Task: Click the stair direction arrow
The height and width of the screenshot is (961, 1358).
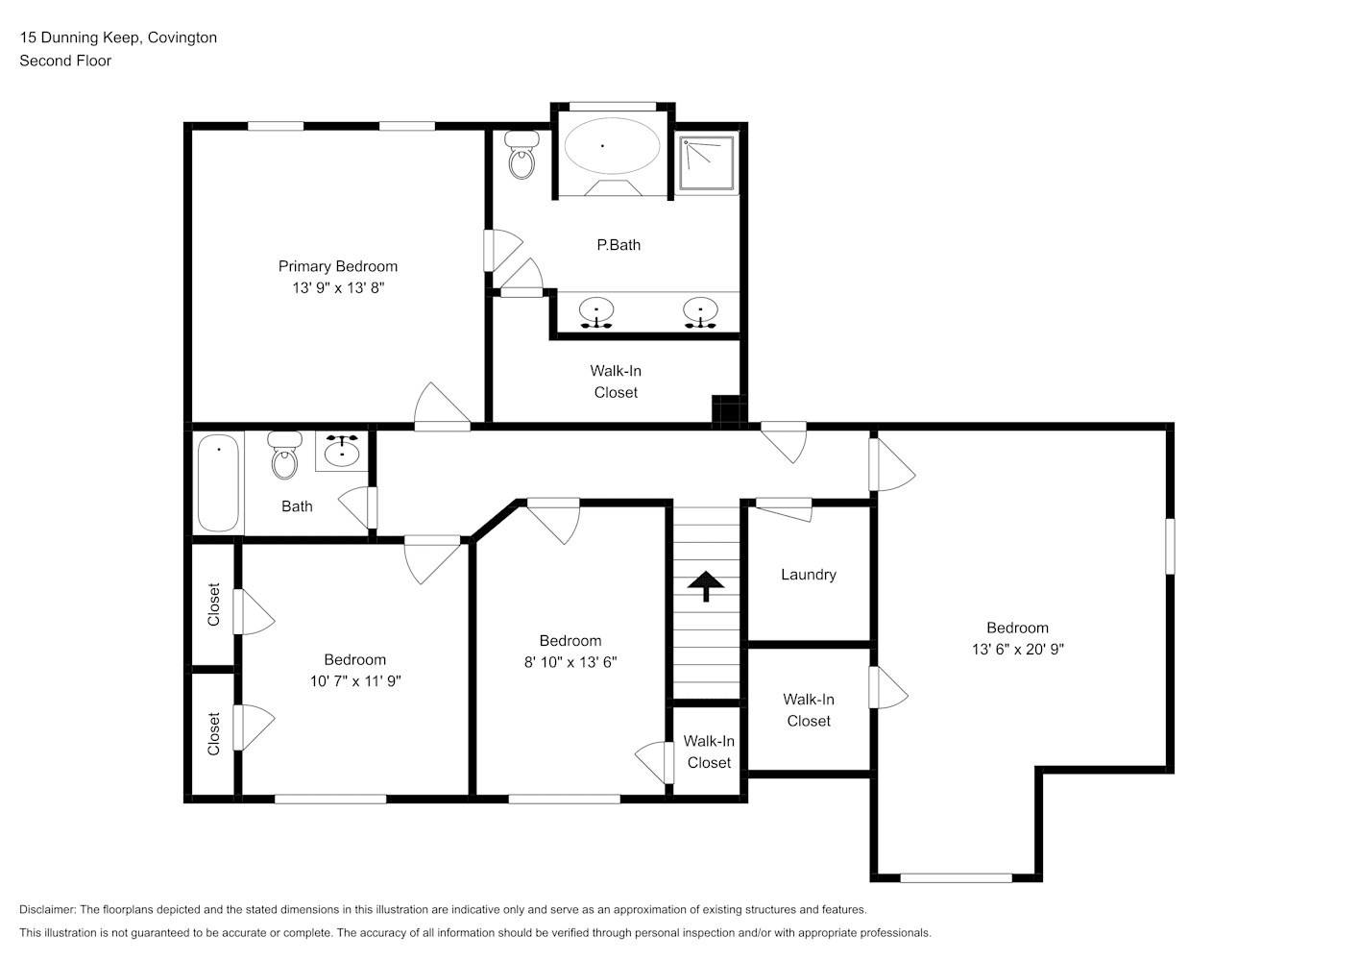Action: point(706,585)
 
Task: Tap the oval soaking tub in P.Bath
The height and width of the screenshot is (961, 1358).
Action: point(613,146)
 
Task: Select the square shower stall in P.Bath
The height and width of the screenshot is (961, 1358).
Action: point(707,162)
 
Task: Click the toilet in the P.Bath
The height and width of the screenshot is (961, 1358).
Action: point(521,156)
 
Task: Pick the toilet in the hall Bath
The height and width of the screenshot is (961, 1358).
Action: point(284,455)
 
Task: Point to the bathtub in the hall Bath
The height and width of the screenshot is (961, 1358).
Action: point(218,483)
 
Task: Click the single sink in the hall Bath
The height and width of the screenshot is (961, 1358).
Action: point(342,452)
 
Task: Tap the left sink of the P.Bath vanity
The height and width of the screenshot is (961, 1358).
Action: point(596,312)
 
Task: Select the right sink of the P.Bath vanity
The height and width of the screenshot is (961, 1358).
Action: point(700,312)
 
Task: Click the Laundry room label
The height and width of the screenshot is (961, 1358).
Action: point(809,575)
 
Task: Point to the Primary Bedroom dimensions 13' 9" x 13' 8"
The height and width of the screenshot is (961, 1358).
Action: point(338,287)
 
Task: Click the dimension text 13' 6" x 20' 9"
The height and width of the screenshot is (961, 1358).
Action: point(1018,650)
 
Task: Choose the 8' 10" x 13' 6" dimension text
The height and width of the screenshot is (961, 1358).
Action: point(570,662)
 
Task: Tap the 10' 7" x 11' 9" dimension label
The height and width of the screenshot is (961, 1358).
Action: point(355,680)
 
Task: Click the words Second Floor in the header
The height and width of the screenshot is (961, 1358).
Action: point(65,61)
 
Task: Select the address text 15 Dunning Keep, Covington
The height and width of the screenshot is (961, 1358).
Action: point(118,37)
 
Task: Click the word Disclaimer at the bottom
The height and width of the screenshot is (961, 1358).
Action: point(48,909)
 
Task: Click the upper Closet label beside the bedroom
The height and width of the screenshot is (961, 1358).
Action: point(213,604)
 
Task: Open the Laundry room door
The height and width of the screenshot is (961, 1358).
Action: point(784,508)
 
